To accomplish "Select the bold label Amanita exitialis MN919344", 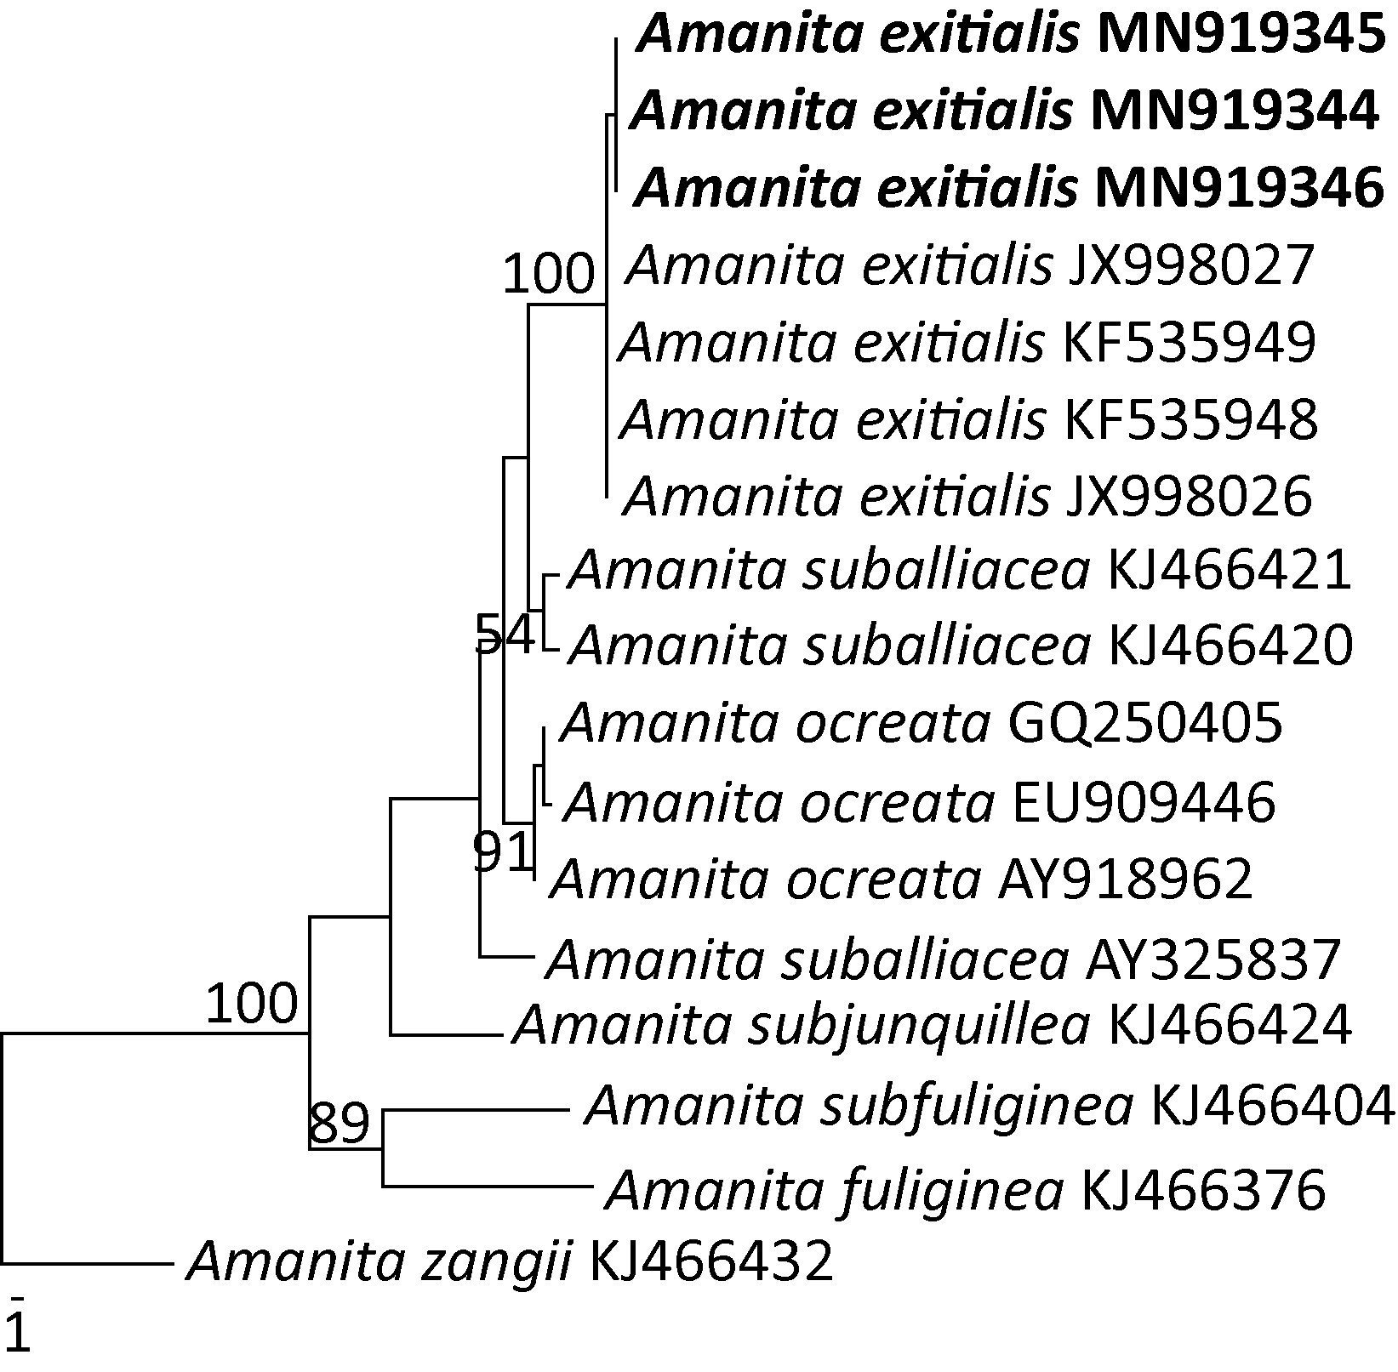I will pyautogui.click(x=1004, y=111).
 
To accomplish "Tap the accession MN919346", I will pyautogui.click(x=1239, y=189).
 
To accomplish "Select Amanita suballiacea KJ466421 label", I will pyautogui.click(x=960, y=570).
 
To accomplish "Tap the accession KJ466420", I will pyautogui.click(x=1230, y=646).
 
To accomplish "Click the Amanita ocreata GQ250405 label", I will pyautogui.click(x=921, y=723).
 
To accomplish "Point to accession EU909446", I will pyautogui.click(x=1143, y=801).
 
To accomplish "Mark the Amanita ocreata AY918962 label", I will pyautogui.click(x=902, y=879).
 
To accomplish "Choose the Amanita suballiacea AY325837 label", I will pyautogui.click(x=943, y=959).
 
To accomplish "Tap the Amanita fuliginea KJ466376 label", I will pyautogui.click(x=965, y=1189).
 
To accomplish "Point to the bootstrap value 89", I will pyautogui.click(x=340, y=1123).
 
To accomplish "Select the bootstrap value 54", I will pyautogui.click(x=505, y=634).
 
